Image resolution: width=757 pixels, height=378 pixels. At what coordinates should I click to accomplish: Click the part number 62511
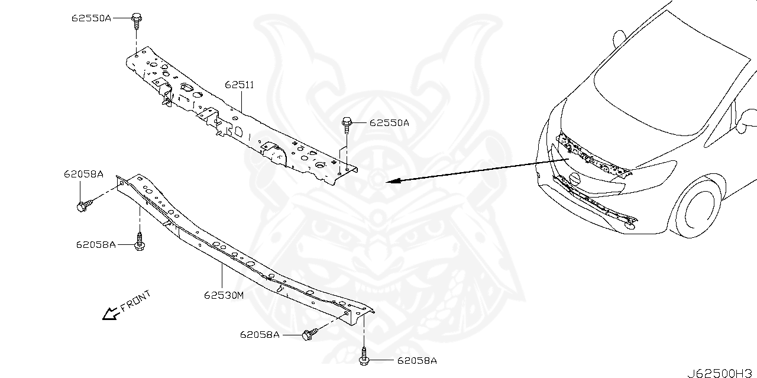click(x=240, y=85)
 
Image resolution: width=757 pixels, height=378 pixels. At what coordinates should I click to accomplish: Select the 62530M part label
click(x=224, y=296)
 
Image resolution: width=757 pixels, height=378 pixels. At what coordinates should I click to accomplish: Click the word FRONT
click(x=135, y=301)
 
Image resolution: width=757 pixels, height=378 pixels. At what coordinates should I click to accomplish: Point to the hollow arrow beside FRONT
click(x=111, y=314)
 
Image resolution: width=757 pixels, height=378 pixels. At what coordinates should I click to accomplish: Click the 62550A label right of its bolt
click(x=389, y=122)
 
